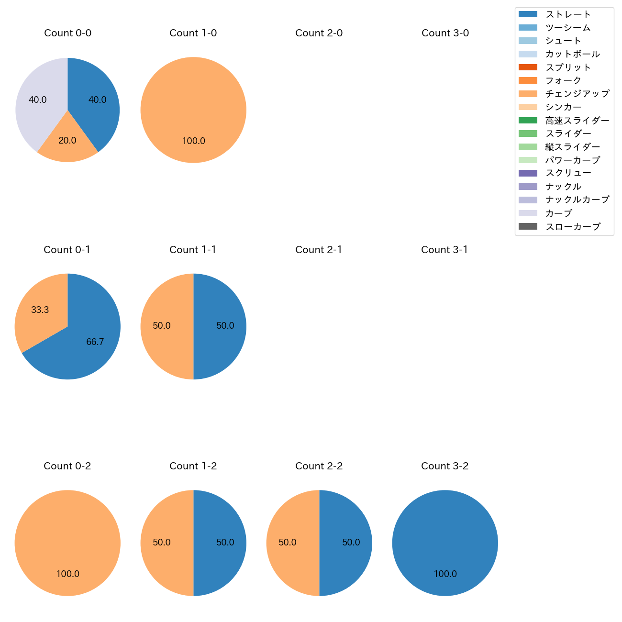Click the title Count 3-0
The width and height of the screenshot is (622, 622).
445,33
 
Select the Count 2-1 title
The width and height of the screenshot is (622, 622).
319,250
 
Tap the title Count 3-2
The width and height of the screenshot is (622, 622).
444,466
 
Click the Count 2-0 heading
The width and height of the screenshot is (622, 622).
319,33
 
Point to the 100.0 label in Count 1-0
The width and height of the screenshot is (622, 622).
193,141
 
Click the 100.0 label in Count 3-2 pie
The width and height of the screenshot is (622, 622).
445,574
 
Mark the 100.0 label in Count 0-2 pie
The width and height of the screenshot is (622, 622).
67,574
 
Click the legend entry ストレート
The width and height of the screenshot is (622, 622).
568,14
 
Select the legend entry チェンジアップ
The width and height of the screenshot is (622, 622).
577,94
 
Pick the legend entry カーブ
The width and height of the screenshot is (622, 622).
558,213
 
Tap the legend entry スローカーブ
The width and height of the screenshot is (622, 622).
573,227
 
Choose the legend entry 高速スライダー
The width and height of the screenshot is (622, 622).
577,121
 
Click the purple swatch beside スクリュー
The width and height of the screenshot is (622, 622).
528,173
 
